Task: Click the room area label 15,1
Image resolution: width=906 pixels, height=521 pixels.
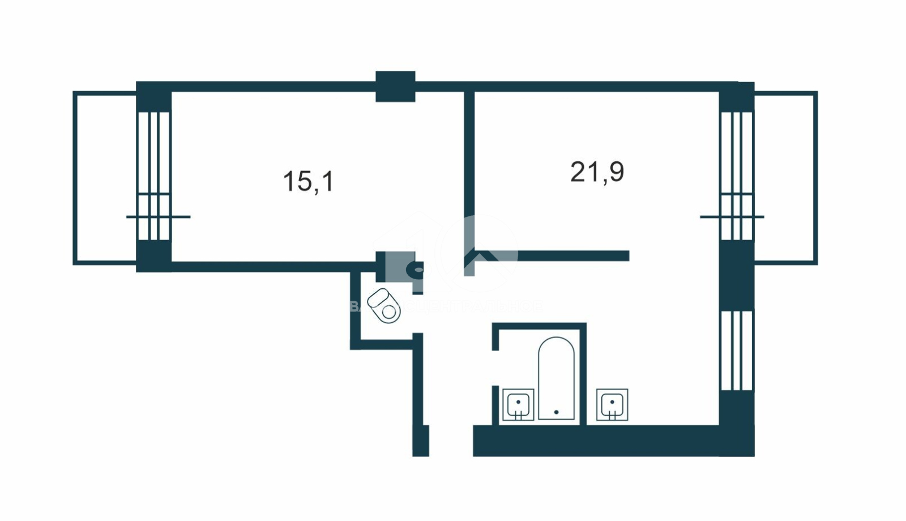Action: coord(309,182)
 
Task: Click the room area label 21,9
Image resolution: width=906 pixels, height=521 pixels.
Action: coord(597,172)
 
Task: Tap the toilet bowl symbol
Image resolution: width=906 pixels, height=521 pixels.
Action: coord(384,306)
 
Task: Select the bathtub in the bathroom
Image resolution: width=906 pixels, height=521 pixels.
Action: coord(556,378)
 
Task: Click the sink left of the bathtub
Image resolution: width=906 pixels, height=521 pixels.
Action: coord(518,405)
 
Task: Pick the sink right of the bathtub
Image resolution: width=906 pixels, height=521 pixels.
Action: coord(612,404)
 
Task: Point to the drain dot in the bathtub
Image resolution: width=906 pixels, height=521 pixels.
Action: coord(556,412)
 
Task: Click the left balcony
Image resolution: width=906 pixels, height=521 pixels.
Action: coord(105,178)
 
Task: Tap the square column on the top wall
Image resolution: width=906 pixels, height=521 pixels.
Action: coord(395,87)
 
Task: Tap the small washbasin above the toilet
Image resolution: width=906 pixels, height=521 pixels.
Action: coord(418,268)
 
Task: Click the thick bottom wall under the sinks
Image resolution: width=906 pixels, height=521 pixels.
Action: coord(595,441)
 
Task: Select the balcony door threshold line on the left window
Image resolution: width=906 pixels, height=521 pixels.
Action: coord(158,217)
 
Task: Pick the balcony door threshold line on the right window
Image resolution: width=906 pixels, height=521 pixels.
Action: coord(732,217)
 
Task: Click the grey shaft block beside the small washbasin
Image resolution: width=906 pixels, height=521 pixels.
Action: coord(398,266)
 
